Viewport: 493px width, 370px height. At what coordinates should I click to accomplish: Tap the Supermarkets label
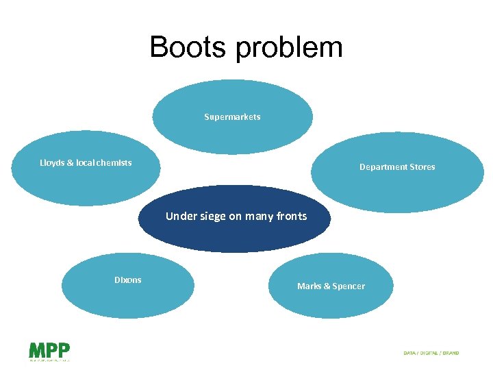[x=232, y=117]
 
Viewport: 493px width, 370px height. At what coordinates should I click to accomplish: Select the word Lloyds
[x=53, y=163]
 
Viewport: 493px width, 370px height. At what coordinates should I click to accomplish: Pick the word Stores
[x=421, y=167]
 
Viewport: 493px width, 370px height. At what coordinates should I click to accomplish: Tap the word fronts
[x=292, y=217]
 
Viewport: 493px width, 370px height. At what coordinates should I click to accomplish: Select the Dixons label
[x=128, y=280]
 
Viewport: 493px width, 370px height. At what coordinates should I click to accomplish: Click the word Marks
[x=309, y=286]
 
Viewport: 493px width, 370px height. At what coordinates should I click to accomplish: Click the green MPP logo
[x=49, y=351]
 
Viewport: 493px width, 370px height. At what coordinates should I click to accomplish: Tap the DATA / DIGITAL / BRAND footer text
[x=431, y=353]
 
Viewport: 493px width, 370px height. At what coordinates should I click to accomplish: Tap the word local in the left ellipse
[x=85, y=163]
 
